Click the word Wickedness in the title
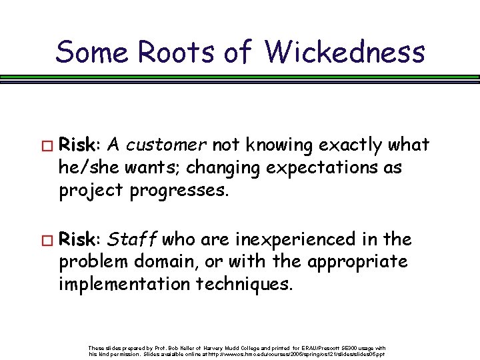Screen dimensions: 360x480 pyautogui.click(x=345, y=51)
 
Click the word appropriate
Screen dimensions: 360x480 pyautogui.click(x=356, y=261)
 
